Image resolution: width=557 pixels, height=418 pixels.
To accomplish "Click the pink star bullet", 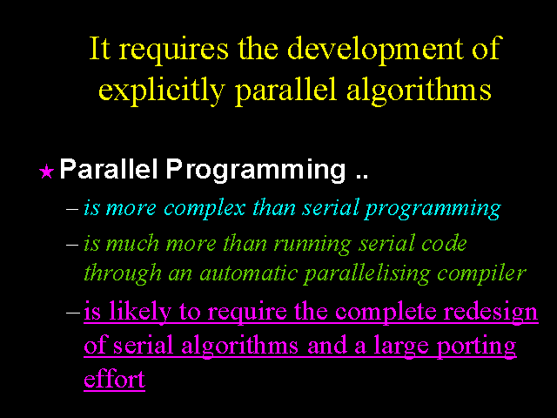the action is (x=46, y=172).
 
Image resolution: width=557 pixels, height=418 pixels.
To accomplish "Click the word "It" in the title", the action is (x=100, y=48).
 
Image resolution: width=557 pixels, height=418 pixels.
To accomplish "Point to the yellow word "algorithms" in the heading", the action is (x=419, y=90).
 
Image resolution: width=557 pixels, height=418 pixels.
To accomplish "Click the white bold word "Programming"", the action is (x=256, y=171).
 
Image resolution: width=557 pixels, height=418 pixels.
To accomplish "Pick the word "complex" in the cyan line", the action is (x=205, y=208).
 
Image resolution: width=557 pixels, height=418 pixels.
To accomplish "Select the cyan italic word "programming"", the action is (x=433, y=209).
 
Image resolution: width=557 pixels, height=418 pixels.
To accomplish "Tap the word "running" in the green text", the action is (x=312, y=245).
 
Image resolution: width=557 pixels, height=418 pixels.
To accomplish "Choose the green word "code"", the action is (x=444, y=244).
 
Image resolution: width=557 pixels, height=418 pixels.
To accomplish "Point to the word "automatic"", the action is (x=248, y=273).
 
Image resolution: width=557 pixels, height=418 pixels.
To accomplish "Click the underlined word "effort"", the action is (x=114, y=379).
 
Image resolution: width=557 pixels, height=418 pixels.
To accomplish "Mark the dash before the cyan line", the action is (x=72, y=209).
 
